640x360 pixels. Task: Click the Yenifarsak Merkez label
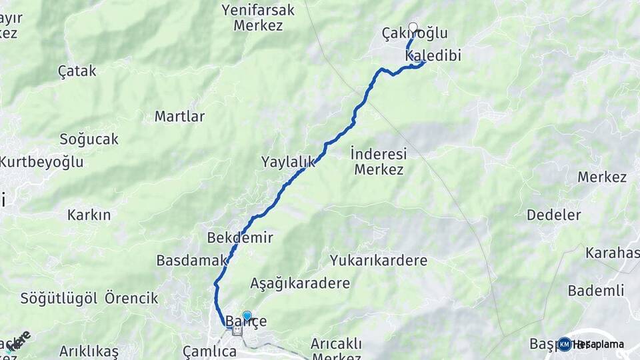click(259, 18)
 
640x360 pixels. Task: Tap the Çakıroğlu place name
click(415, 33)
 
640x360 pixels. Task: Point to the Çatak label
click(77, 71)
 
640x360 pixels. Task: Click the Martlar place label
click(179, 117)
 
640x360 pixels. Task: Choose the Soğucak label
click(89, 139)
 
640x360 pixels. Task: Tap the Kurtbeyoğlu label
click(41, 162)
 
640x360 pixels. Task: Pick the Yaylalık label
click(287, 161)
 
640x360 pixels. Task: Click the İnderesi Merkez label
click(379, 161)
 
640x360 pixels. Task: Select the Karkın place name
click(89, 215)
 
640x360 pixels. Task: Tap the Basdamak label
click(183, 261)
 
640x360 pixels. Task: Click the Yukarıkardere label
click(378, 260)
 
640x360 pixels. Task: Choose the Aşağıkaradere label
click(300, 283)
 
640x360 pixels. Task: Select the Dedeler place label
click(553, 215)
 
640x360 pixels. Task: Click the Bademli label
click(596, 291)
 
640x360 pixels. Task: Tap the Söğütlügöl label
click(59, 298)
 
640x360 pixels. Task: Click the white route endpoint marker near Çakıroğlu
click(413, 27)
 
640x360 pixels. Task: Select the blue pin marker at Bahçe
click(247, 316)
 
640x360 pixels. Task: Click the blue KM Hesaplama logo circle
click(564, 344)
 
